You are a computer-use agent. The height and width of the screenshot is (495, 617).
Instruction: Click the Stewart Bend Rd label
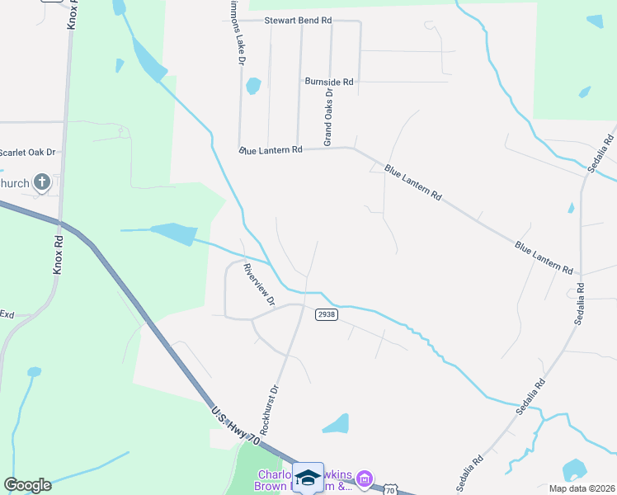click(x=298, y=20)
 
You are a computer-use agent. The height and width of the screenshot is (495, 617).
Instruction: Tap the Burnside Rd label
click(x=328, y=82)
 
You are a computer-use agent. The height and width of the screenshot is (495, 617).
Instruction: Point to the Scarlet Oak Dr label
click(x=27, y=152)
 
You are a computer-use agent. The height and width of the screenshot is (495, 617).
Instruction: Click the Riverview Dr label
click(x=258, y=285)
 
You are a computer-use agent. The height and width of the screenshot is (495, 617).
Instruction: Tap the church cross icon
click(x=42, y=182)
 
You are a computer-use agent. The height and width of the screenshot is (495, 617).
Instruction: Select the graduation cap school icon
click(x=308, y=477)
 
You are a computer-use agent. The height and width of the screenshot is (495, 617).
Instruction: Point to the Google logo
click(x=27, y=485)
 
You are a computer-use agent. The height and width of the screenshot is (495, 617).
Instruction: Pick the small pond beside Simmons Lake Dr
click(x=253, y=85)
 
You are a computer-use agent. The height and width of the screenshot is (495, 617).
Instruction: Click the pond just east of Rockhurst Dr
click(x=337, y=424)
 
